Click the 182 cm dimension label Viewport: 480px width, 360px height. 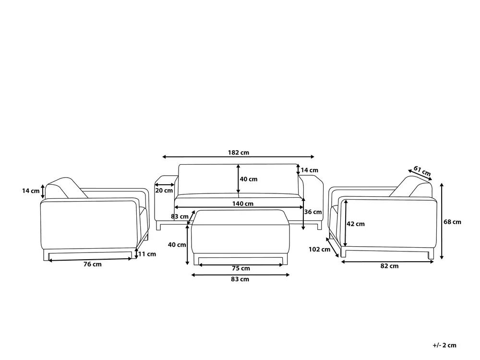pyautogui.click(x=239, y=153)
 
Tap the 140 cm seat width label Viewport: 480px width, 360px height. pyautogui.click(x=243, y=204)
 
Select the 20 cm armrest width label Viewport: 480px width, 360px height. pyautogui.click(x=164, y=191)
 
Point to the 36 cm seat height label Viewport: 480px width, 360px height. pyautogui.click(x=313, y=212)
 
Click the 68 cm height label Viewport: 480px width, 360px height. pyautogui.click(x=453, y=222)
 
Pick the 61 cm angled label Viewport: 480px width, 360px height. pyautogui.click(x=422, y=171)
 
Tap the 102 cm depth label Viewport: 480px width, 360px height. pyautogui.click(x=319, y=250)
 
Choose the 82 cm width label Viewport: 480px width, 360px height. pyautogui.click(x=389, y=266)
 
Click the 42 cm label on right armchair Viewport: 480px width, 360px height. pyautogui.click(x=356, y=224)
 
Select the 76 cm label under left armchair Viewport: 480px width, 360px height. pyautogui.click(x=93, y=264)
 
